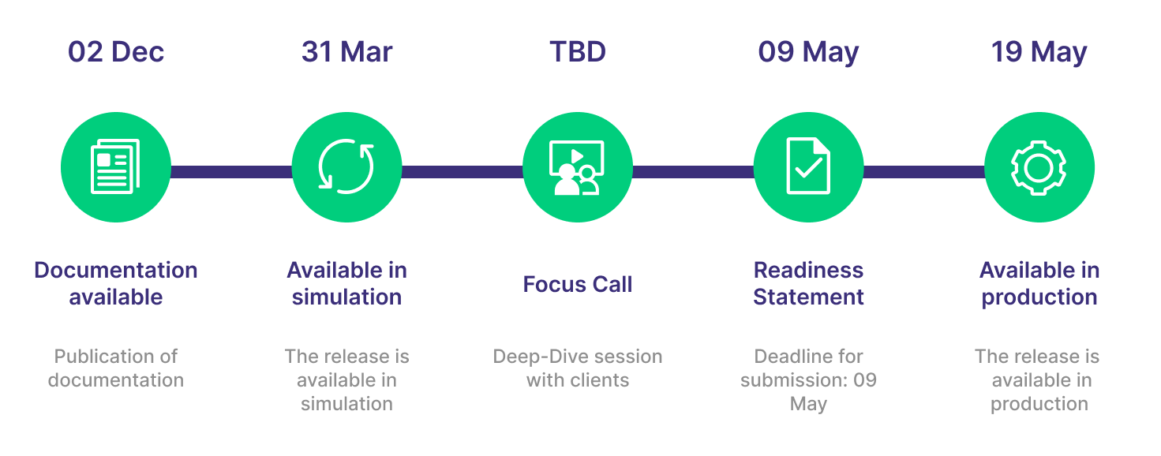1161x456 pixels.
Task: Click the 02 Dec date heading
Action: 116,52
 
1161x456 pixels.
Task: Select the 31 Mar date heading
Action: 346,52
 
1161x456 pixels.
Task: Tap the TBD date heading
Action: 578,52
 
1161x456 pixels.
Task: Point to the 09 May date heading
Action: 808,52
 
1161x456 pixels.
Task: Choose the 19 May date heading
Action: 1039,52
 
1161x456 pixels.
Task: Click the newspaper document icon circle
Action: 116,166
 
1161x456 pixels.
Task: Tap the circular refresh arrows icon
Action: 346,166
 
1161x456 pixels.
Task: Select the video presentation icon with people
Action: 578,166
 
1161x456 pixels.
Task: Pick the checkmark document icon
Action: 808,166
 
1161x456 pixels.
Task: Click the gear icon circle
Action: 1039,166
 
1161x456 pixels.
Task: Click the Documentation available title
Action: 116,283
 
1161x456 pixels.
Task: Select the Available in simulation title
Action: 346,283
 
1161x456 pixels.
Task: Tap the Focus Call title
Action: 578,284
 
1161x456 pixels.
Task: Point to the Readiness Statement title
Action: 808,283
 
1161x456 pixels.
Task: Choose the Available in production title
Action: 1039,283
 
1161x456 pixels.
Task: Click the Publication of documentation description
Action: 116,368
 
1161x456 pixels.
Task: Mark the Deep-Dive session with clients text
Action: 578,368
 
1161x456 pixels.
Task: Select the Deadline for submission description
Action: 808,379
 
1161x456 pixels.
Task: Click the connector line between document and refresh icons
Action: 231,171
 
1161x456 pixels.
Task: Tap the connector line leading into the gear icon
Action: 923,171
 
